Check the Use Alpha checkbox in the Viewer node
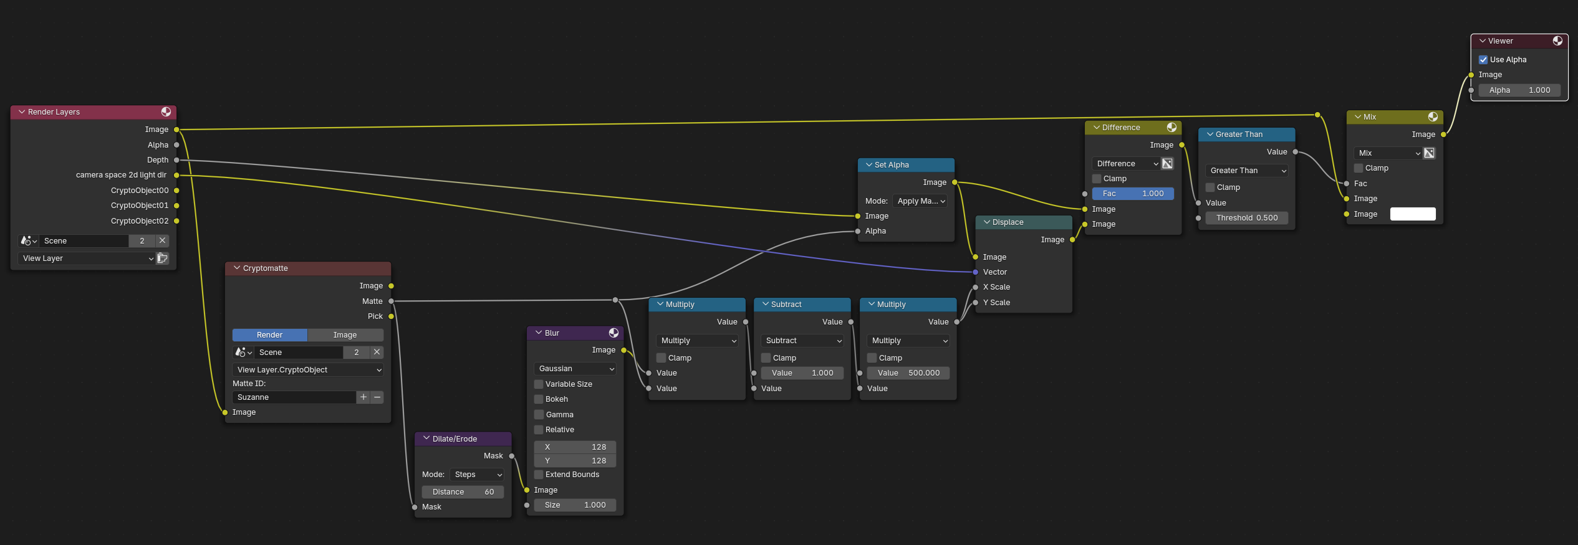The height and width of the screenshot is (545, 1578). tap(1483, 60)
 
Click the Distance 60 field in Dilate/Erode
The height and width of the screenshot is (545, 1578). tap(463, 492)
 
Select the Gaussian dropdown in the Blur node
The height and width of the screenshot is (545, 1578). tap(575, 369)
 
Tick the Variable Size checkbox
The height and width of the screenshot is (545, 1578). tap(539, 384)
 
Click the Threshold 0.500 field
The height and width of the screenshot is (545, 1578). tap(1246, 218)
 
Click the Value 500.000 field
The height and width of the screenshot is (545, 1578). tap(908, 373)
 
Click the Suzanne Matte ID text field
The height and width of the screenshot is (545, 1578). tap(294, 397)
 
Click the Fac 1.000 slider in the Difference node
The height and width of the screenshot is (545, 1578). tap(1133, 194)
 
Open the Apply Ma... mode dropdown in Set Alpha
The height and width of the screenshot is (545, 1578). tap(920, 201)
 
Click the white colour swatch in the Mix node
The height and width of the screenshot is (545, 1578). tap(1413, 214)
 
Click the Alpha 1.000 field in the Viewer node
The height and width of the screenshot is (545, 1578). tap(1519, 90)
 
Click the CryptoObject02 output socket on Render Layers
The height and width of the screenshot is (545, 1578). tap(176, 221)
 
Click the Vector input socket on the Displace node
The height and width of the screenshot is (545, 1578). tap(976, 272)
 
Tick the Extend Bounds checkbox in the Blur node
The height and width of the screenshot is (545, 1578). tap(539, 475)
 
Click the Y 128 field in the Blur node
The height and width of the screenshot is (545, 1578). tap(575, 461)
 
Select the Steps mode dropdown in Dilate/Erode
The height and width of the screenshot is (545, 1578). tap(478, 475)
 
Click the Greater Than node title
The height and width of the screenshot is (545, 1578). tap(1239, 135)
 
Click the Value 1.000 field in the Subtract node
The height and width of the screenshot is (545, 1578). tap(802, 373)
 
